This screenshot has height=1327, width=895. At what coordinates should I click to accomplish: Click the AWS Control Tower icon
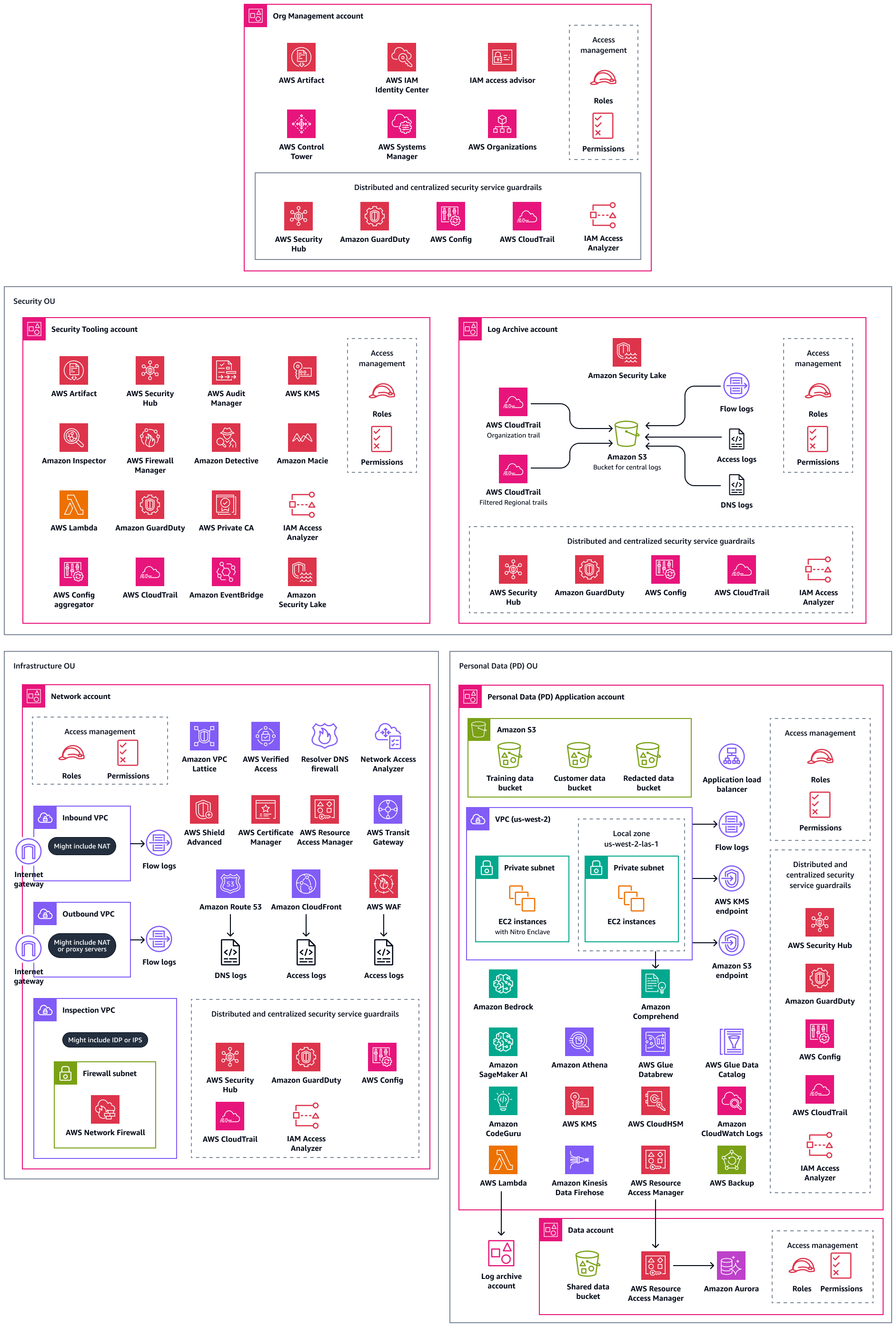pos(301,124)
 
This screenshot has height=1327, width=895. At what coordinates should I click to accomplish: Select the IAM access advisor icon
pos(502,57)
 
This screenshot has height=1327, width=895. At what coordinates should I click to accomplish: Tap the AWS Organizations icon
pos(502,124)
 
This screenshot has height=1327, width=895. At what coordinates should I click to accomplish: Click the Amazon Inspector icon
pos(74,437)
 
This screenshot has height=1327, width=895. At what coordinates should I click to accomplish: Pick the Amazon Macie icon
pos(302,437)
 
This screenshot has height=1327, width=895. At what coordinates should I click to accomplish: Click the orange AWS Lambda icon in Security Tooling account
pos(74,505)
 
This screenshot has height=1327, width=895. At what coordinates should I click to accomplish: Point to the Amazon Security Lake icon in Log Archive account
pos(626,352)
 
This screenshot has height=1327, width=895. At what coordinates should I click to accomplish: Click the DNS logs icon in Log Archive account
pos(736,486)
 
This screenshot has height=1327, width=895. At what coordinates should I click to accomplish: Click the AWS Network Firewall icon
pos(105,1109)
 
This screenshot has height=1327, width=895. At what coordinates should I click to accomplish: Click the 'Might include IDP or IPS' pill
pos(105,1039)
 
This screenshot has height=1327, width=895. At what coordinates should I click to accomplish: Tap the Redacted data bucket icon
pos(648,755)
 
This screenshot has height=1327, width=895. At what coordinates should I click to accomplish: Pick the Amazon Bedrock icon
pos(503,983)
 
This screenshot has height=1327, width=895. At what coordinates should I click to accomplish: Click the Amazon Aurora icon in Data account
pos(731,1266)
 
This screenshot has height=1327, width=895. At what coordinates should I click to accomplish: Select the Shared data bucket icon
pos(587,1264)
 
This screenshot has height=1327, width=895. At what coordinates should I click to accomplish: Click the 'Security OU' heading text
pos(34,301)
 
